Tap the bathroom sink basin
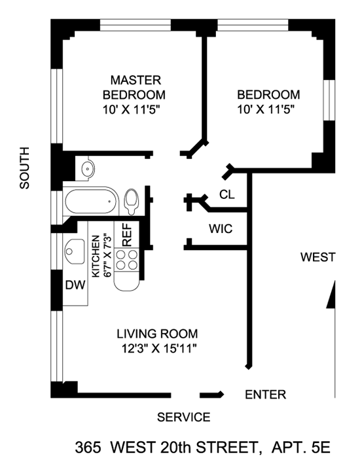88,168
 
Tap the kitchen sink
75,252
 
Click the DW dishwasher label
75,285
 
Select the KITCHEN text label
96,256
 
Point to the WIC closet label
221,229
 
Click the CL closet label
227,194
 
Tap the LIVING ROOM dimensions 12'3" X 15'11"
159,348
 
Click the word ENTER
266,395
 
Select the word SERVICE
183,418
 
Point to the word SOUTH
25,168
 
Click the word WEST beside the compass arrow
318,257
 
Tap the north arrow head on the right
331,295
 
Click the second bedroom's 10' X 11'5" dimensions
266,110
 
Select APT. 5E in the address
300,447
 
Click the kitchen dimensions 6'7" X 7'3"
107,256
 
